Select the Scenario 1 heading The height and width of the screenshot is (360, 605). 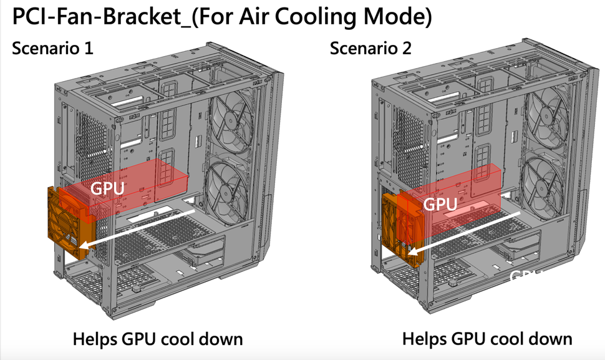[52, 48]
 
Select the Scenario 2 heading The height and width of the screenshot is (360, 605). [370, 48]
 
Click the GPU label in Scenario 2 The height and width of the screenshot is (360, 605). [440, 203]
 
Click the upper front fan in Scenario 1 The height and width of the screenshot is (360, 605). [233, 118]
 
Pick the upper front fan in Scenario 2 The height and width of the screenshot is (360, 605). [546, 117]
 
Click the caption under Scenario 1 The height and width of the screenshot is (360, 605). [157, 339]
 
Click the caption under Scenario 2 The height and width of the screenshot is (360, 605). [486, 339]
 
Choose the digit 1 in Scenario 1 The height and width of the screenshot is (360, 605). [89, 48]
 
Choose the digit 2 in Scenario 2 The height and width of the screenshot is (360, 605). [407, 48]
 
